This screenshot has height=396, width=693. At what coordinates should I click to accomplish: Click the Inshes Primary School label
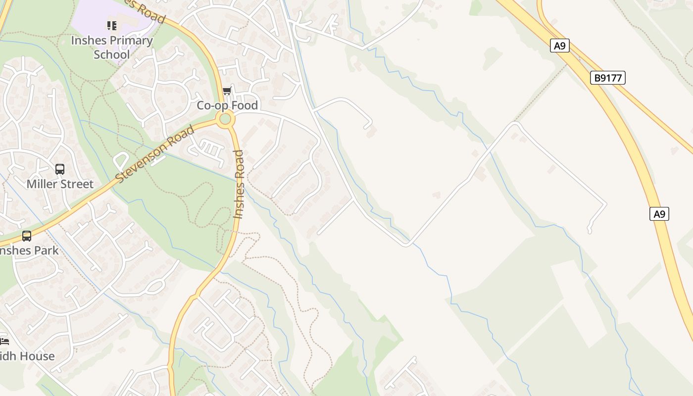[x=111, y=47]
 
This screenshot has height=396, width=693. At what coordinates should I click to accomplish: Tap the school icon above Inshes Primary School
[x=112, y=25]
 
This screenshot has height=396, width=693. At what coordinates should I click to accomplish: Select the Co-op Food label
[x=227, y=105]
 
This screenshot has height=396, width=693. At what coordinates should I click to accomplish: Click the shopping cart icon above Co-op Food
[x=227, y=91]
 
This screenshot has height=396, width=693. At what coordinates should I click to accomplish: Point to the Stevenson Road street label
[x=155, y=154]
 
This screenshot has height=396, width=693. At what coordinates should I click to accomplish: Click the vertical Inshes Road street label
[x=239, y=184]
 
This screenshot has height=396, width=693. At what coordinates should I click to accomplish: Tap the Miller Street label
[x=60, y=184]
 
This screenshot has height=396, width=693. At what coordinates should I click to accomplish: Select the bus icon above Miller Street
[x=60, y=169]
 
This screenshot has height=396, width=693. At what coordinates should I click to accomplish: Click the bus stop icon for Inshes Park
[x=27, y=236]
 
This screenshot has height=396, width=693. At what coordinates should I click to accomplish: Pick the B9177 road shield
[x=608, y=78]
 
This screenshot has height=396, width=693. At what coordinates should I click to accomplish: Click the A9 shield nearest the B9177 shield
[x=559, y=46]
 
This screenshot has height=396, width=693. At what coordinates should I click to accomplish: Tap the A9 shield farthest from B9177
[x=659, y=214]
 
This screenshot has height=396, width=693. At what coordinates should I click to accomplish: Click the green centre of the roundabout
[x=226, y=119]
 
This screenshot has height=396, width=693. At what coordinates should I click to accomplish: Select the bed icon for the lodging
[x=4, y=342]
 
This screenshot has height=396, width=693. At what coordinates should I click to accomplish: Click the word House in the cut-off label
[x=37, y=356]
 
